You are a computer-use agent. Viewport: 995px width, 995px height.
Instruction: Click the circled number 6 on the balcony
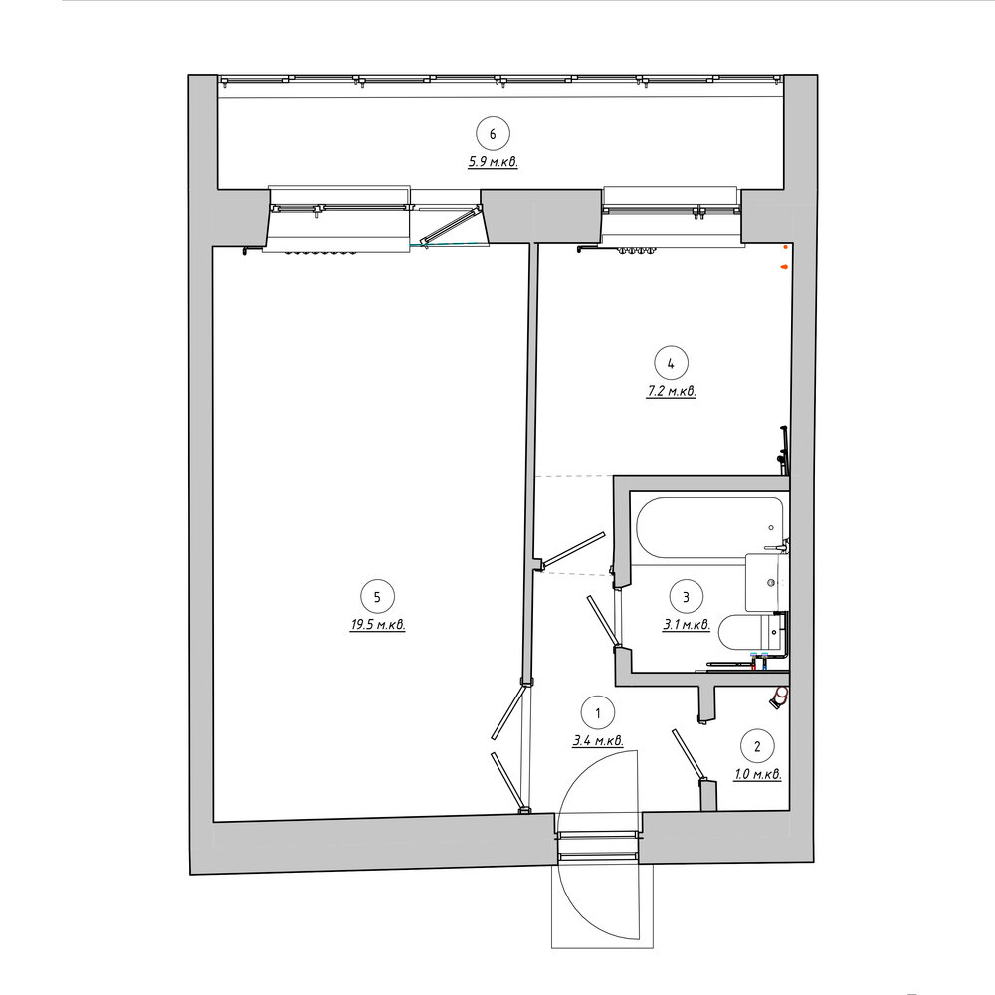point(494,134)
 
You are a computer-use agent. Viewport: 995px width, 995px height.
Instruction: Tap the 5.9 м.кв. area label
point(494,162)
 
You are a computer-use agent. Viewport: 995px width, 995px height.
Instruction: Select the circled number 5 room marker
point(377,597)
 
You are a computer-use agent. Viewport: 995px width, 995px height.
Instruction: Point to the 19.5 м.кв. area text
point(378,625)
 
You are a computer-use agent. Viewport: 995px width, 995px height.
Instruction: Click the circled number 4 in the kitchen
point(672,363)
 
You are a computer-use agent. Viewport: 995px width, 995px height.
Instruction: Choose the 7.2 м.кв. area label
point(672,391)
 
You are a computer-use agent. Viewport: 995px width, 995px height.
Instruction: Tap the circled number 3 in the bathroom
point(686,597)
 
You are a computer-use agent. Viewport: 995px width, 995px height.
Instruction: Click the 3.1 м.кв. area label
point(687,625)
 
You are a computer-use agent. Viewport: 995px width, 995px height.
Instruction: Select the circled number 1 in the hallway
point(598,713)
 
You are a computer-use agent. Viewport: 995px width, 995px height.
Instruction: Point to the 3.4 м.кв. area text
point(598,740)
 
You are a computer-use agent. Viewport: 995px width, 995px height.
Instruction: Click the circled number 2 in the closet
point(757,747)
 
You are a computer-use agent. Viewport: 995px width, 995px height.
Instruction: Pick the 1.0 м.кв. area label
point(757,775)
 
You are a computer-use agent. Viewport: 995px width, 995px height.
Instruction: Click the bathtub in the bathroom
point(709,530)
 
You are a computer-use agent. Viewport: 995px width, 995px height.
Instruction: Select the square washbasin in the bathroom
point(765,582)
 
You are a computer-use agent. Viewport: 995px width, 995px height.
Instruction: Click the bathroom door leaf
point(602,622)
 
